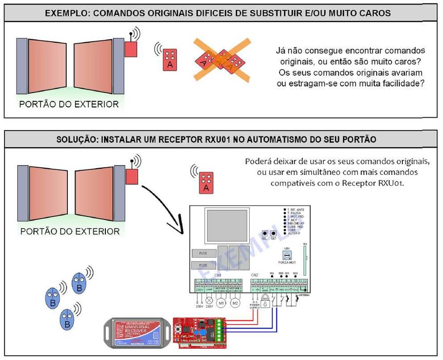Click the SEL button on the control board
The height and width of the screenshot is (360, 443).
265,233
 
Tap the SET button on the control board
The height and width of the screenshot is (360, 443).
274,233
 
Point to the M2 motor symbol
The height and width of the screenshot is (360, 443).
235,302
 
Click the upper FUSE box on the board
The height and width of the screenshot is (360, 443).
201,253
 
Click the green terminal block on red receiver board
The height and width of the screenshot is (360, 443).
220,329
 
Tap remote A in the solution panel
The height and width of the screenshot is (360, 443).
206,182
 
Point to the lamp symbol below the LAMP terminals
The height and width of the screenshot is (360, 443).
209,302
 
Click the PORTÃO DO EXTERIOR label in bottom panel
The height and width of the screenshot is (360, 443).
70,231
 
